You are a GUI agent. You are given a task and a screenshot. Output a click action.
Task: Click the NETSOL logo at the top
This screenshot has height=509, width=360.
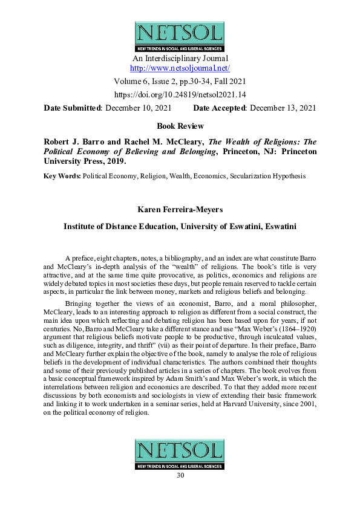pyautogui.click(x=180, y=36)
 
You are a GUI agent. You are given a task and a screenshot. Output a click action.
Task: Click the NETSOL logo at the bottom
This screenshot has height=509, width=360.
pyautogui.click(x=180, y=454)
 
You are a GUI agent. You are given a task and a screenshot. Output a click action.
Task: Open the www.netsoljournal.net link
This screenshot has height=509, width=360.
pyautogui.click(x=180, y=68)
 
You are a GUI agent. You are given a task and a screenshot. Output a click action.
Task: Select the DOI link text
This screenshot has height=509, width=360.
pyautogui.click(x=180, y=94)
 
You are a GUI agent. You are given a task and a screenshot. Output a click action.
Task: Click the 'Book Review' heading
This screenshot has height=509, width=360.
pyautogui.click(x=180, y=126)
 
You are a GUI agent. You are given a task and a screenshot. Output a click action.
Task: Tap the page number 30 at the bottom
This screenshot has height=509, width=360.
pyautogui.click(x=180, y=475)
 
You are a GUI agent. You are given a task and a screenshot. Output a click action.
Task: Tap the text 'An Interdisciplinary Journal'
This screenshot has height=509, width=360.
pyautogui.click(x=180, y=59)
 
